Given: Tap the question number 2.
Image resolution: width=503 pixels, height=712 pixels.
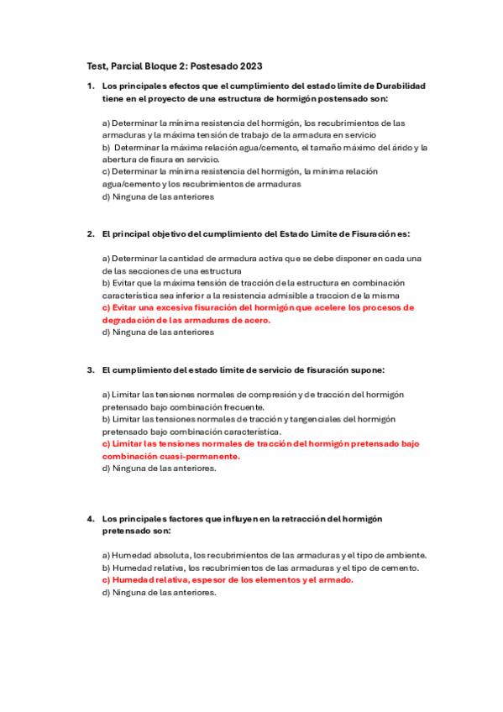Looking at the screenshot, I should pyautogui.click(x=90, y=233).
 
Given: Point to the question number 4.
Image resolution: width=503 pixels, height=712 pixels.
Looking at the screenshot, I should pyautogui.click(x=90, y=519).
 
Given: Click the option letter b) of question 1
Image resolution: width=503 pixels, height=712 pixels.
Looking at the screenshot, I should pyautogui.click(x=107, y=147).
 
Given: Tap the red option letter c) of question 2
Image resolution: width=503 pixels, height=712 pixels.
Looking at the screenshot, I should pyautogui.click(x=106, y=307).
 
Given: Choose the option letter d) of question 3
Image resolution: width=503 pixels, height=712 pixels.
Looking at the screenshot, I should pyautogui.click(x=107, y=469).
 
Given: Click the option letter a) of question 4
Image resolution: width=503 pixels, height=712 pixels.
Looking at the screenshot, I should pyautogui.click(x=107, y=555).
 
